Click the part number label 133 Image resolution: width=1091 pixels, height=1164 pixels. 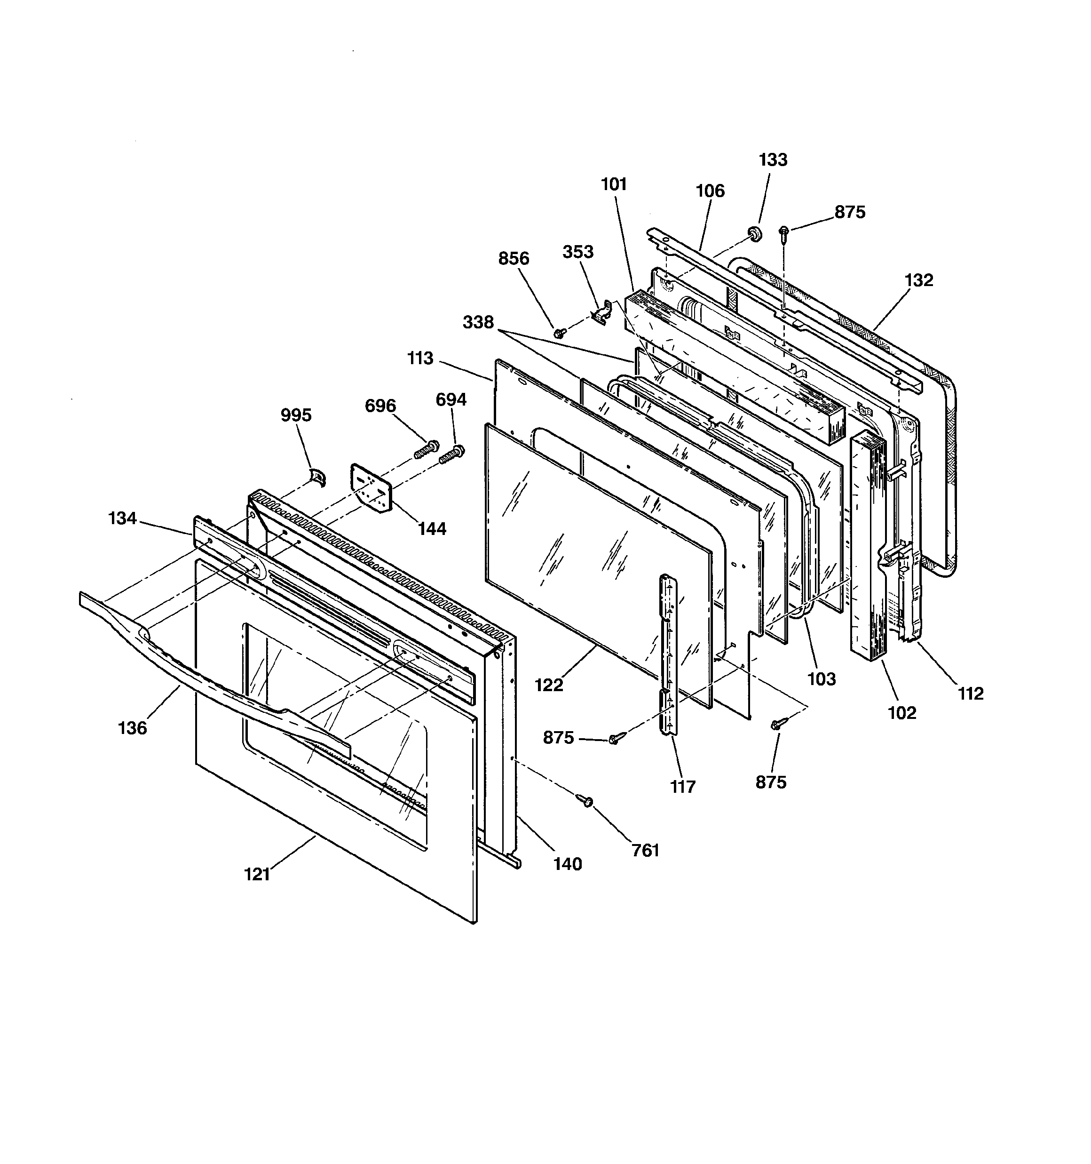773,160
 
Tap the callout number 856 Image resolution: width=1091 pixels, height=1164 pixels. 514,258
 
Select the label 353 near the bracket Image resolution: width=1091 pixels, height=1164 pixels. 577,252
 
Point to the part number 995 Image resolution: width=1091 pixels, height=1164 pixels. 296,415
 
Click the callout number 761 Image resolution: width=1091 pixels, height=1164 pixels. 646,850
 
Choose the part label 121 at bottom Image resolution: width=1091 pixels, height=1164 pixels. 257,874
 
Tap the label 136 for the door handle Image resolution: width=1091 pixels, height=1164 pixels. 132,728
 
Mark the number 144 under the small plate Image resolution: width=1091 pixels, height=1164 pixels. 432,529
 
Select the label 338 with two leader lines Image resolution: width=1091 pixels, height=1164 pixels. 478,322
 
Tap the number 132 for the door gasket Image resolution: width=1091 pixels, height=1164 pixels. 918,280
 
